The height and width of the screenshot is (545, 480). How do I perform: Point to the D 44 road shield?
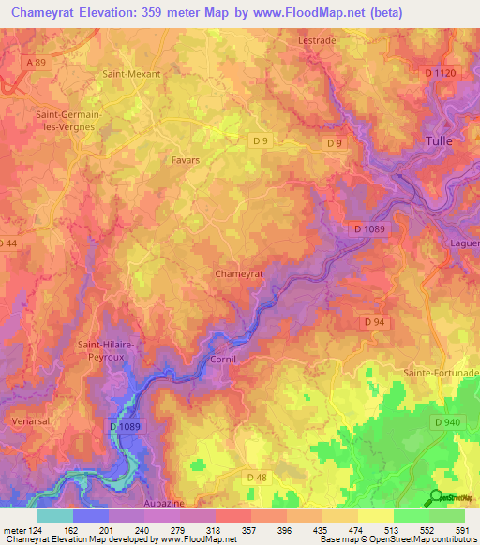tap(7, 243)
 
